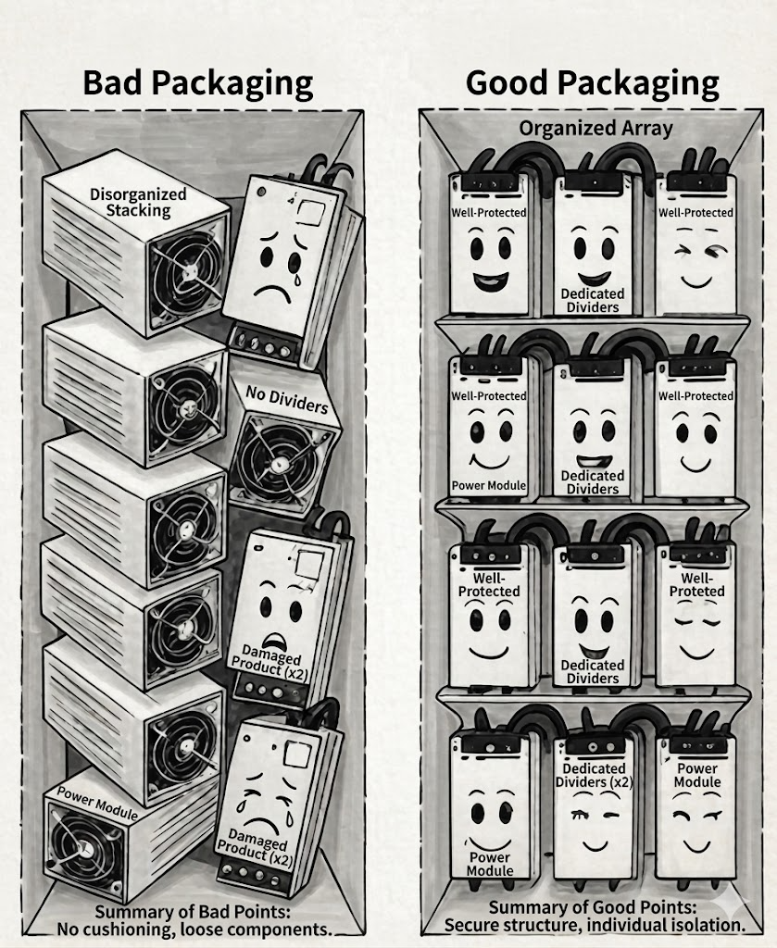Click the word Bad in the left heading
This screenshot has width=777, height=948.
point(112,82)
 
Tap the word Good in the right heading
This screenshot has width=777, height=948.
point(507,82)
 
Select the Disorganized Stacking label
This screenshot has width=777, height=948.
point(138,202)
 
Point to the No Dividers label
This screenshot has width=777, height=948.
point(286,400)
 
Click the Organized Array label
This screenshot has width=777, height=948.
point(595,128)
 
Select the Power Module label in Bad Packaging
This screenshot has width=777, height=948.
point(97,803)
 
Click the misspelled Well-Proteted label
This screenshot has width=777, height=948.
point(696,585)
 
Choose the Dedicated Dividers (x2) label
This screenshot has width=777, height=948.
point(594,775)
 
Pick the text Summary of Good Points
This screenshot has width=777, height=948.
point(592,907)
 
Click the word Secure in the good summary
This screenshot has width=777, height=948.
point(476,925)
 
